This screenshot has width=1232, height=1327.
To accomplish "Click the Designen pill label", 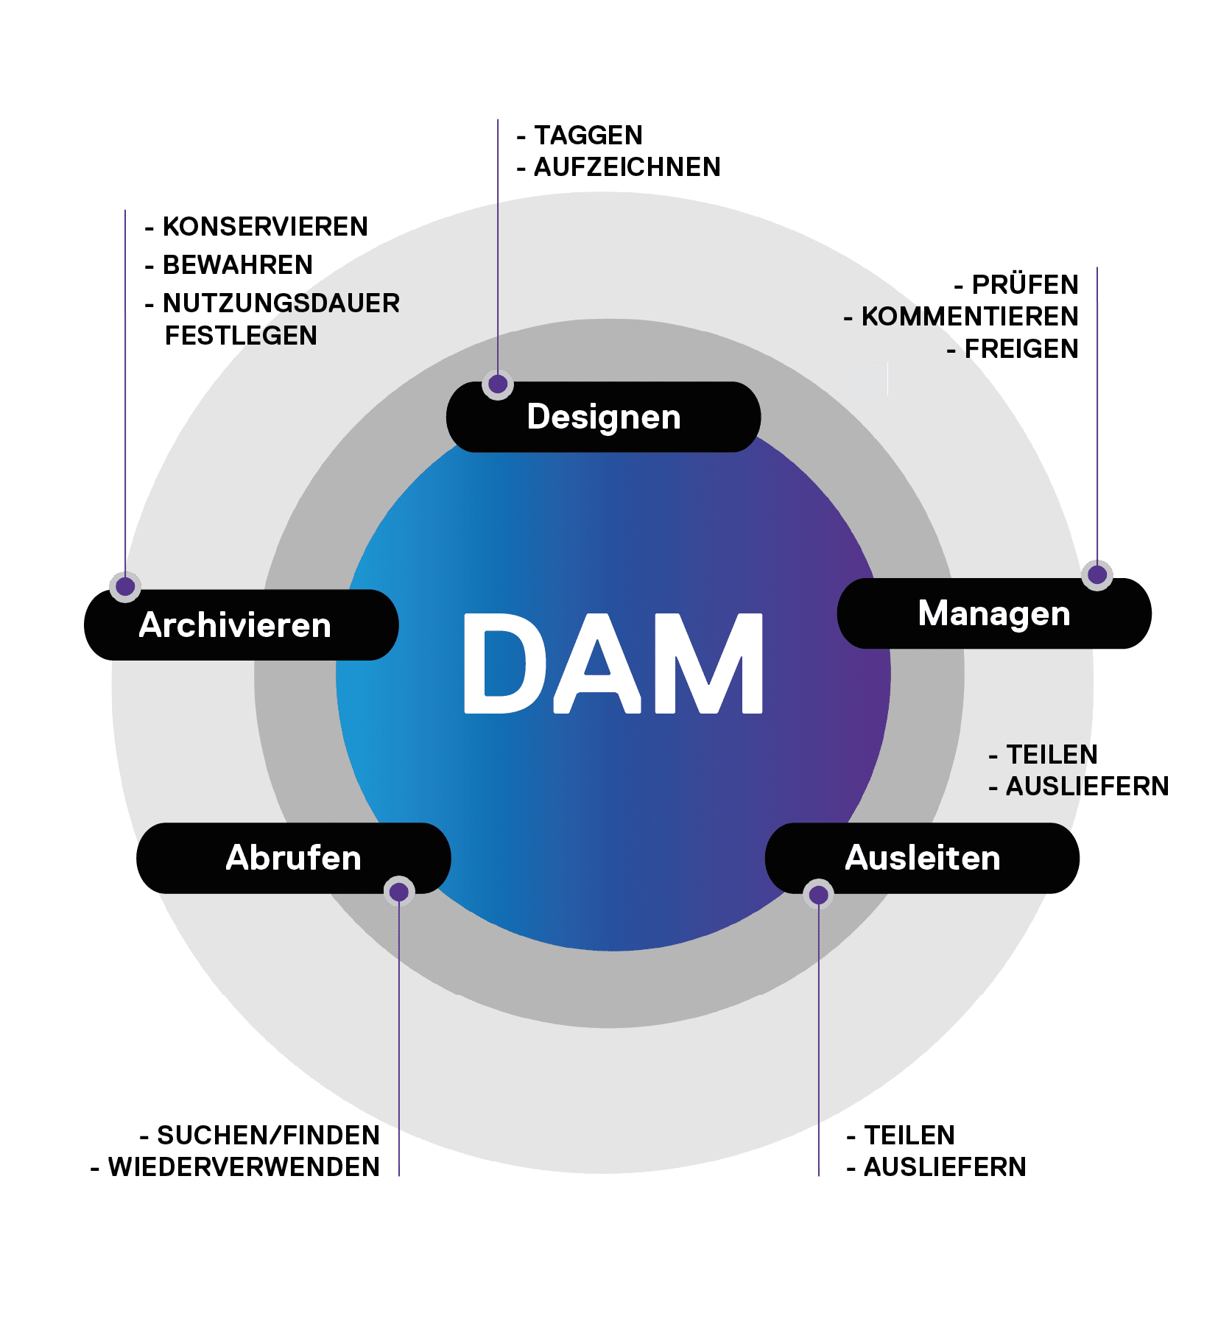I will (603, 417).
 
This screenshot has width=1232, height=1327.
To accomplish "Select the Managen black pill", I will (993, 613).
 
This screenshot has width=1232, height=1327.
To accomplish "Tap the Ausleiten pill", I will (922, 858).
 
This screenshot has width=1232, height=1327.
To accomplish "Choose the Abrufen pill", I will (293, 858).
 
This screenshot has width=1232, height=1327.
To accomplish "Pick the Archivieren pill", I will (235, 625).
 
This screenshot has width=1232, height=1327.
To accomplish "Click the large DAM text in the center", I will (613, 663).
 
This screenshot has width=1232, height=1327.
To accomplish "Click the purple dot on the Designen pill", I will (498, 384).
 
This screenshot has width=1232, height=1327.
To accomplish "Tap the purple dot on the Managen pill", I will (1097, 574).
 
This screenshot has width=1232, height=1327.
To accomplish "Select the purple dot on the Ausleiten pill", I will (818, 895).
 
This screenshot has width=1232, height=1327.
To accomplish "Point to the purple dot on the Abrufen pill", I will (399, 893).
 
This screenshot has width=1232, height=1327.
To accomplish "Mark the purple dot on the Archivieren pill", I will (125, 586).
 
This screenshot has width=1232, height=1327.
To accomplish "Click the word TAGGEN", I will (588, 135).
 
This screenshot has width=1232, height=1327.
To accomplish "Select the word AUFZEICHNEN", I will (627, 167).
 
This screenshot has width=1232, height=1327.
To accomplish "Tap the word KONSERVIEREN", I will (265, 227).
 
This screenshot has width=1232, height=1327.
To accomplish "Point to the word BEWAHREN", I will (237, 265).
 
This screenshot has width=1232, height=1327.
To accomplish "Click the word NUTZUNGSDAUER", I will (281, 303).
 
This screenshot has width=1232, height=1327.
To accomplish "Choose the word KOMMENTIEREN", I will (969, 317).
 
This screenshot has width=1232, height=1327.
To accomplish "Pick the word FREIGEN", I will (1021, 349).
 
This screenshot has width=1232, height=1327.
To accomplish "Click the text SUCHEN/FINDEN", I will (268, 1136).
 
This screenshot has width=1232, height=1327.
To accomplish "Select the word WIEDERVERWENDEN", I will (244, 1167).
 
